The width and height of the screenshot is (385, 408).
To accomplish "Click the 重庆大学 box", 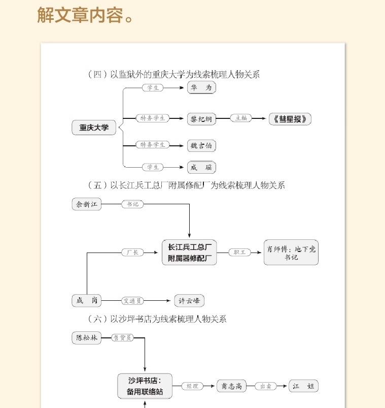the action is click(94, 128).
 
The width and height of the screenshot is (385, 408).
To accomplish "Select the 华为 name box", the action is click(201, 88).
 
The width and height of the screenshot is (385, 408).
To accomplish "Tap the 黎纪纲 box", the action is click(201, 119).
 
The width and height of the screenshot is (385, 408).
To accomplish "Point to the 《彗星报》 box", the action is click(290, 119).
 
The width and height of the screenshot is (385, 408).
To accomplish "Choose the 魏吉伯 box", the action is click(201, 146).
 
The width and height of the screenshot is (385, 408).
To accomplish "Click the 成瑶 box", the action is click(201, 167).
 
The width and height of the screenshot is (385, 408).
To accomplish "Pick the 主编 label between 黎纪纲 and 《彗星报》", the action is click(241, 118).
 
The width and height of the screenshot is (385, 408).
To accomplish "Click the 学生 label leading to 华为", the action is click(153, 88).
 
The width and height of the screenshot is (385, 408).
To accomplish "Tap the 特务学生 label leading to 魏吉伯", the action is click(153, 145).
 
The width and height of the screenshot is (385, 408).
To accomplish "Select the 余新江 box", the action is click(87, 204).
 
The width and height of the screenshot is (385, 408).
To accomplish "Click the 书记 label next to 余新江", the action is click(132, 204).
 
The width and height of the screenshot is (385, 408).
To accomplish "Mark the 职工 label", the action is click(239, 252).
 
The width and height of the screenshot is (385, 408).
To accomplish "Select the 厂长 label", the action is click(133, 252).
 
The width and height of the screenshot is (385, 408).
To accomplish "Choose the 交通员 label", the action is click(132, 301).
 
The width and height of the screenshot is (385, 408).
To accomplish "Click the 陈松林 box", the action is click(86, 337).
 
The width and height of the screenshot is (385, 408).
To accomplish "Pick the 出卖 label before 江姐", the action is click(266, 386).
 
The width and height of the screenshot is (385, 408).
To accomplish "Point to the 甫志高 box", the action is click(231, 386).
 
